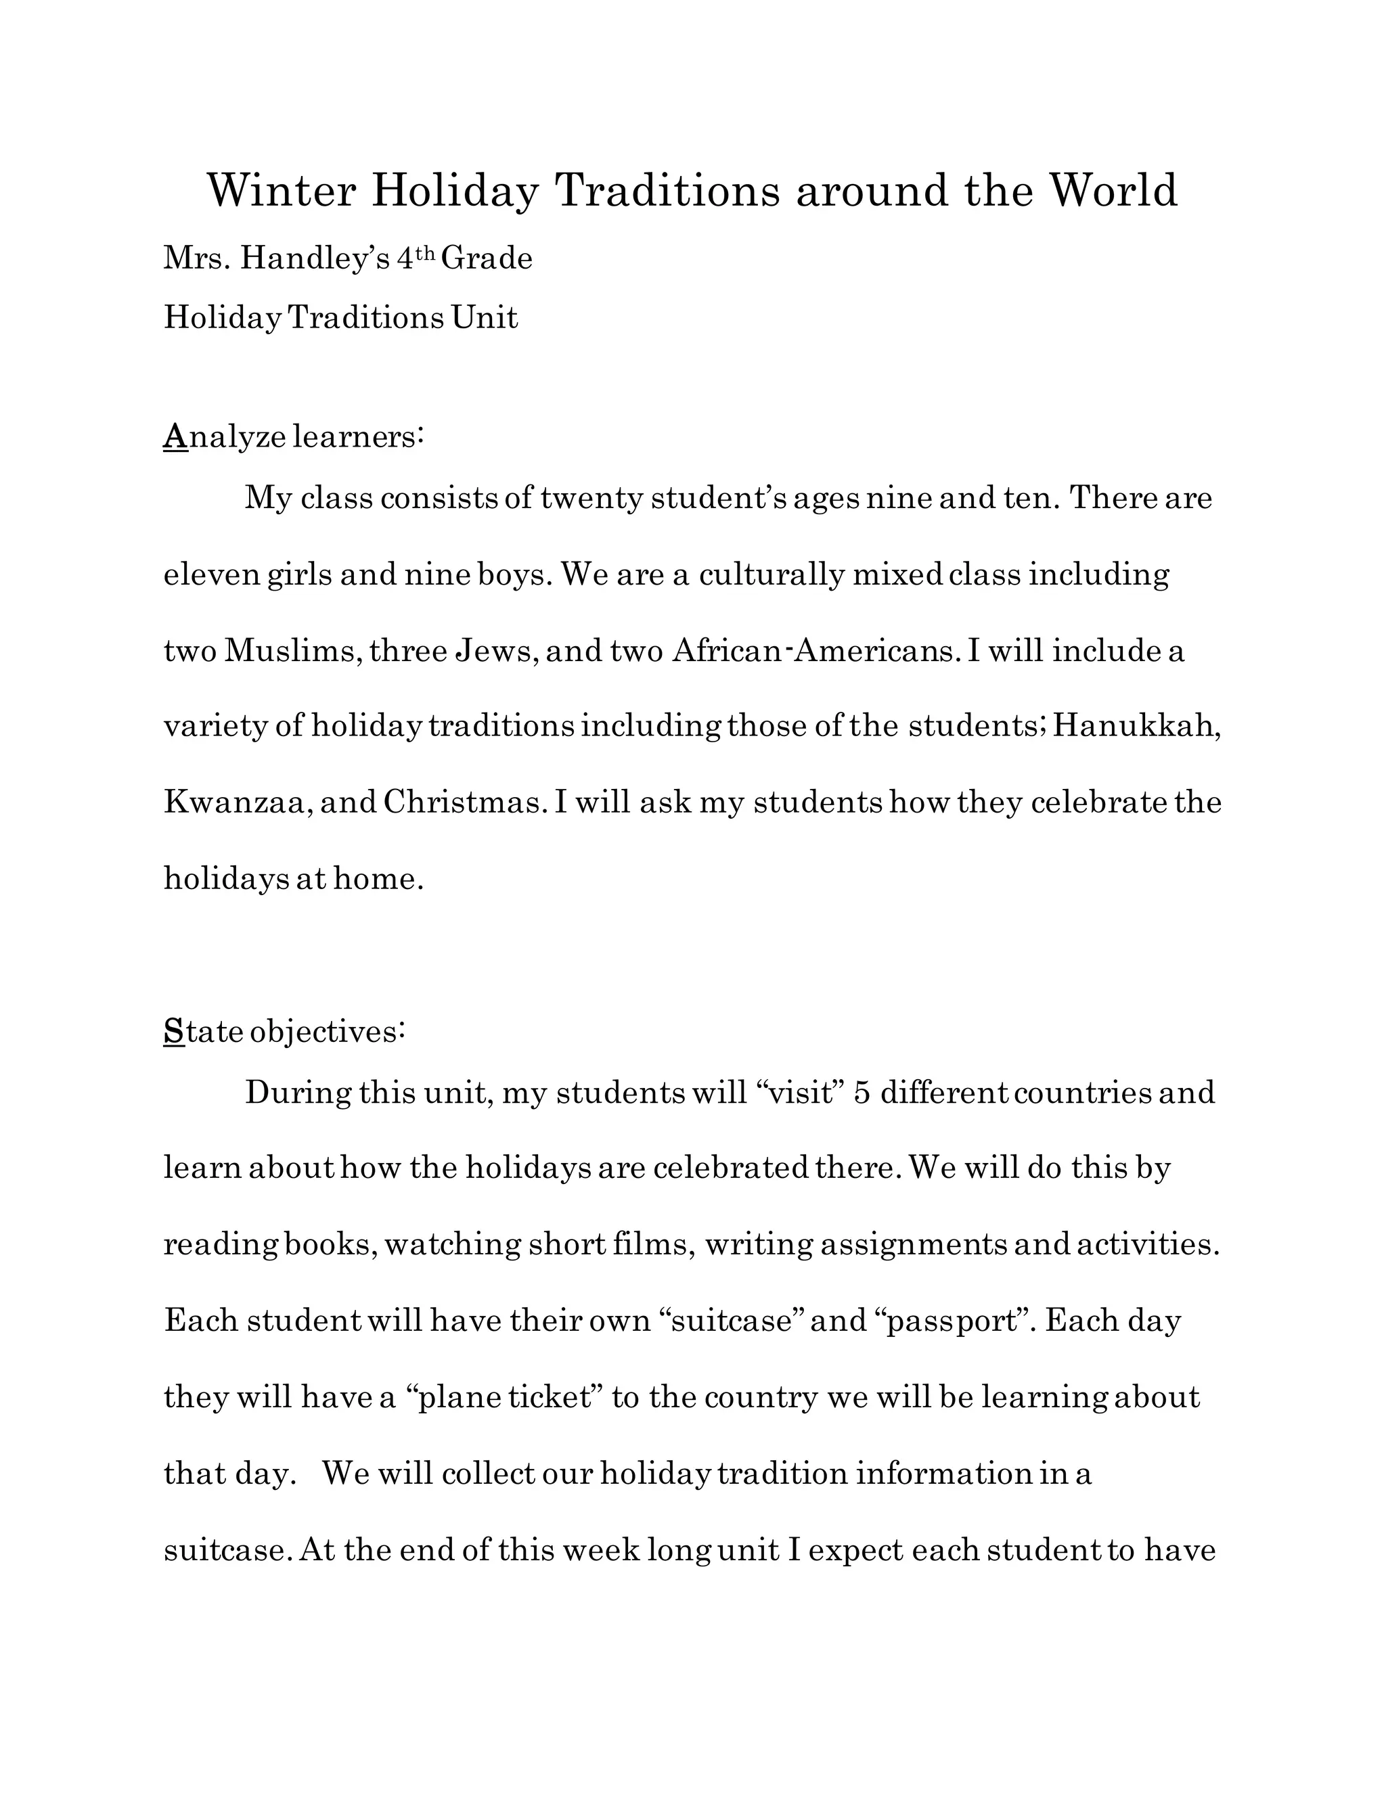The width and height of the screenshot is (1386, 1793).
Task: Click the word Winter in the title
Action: point(281,191)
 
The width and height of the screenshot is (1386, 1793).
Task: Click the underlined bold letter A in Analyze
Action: point(175,437)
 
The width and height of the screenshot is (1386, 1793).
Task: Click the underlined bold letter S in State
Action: point(174,1031)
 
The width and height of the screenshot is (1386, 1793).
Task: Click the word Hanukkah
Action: point(1136,727)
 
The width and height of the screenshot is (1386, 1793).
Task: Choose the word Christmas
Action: point(464,802)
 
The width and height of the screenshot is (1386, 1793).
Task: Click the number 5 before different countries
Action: point(862,1093)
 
